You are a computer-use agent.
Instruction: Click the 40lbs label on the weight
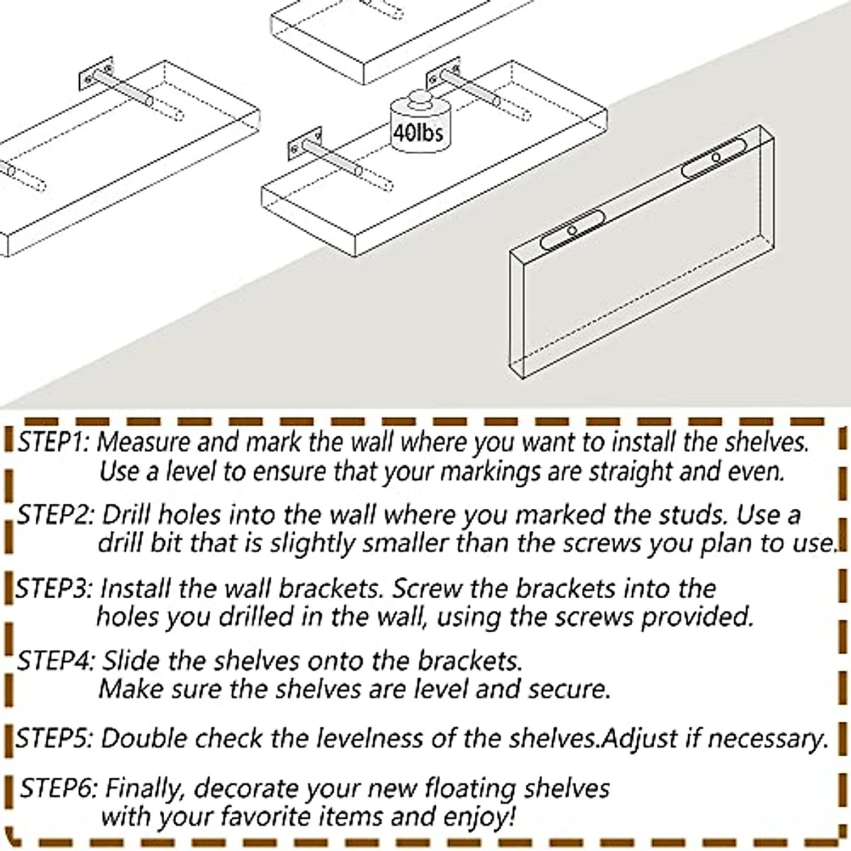click(x=418, y=133)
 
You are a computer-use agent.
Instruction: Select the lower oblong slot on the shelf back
click(x=572, y=230)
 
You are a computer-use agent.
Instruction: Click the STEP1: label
click(x=53, y=442)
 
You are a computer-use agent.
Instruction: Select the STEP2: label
click(x=55, y=516)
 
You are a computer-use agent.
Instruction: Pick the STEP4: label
click(x=55, y=662)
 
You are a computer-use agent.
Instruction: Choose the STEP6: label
click(x=58, y=789)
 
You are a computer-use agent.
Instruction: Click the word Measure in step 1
click(x=144, y=442)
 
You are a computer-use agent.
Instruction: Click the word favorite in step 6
click(x=257, y=817)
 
